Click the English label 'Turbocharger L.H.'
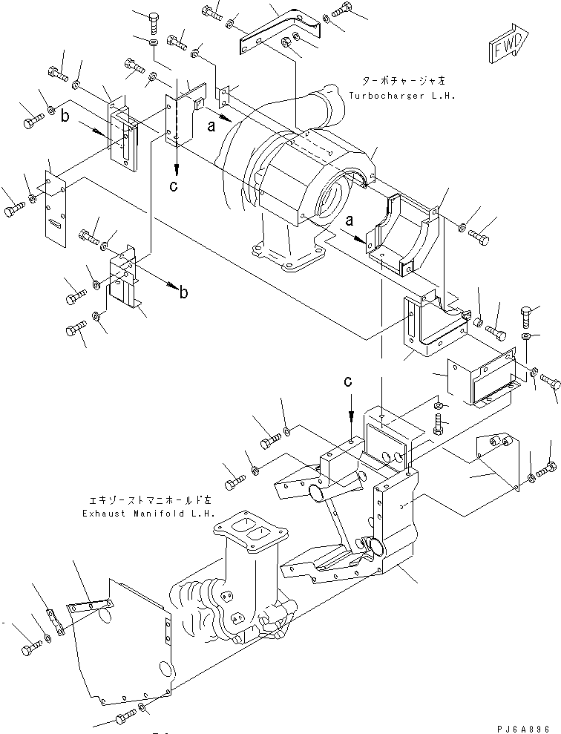402,96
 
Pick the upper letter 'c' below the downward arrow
174,186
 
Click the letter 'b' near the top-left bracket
65,116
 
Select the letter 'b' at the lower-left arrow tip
184,292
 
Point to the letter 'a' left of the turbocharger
212,125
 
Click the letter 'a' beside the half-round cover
350,219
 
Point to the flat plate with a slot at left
54,209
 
